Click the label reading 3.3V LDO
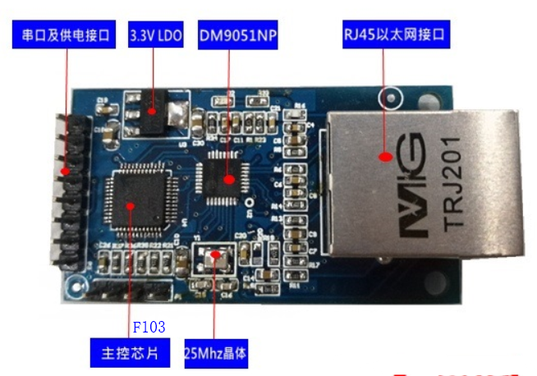tap(157, 36)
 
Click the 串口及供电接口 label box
tap(64, 36)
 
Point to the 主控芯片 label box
tap(126, 354)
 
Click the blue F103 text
tap(149, 327)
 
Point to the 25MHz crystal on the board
tap(216, 259)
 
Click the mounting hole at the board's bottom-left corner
tap(76, 285)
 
